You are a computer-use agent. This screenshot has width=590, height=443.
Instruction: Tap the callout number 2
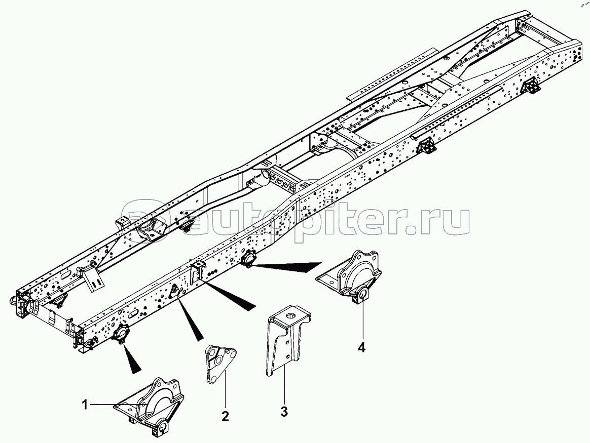[225, 416]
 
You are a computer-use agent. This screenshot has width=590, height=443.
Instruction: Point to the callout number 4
[361, 347]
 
